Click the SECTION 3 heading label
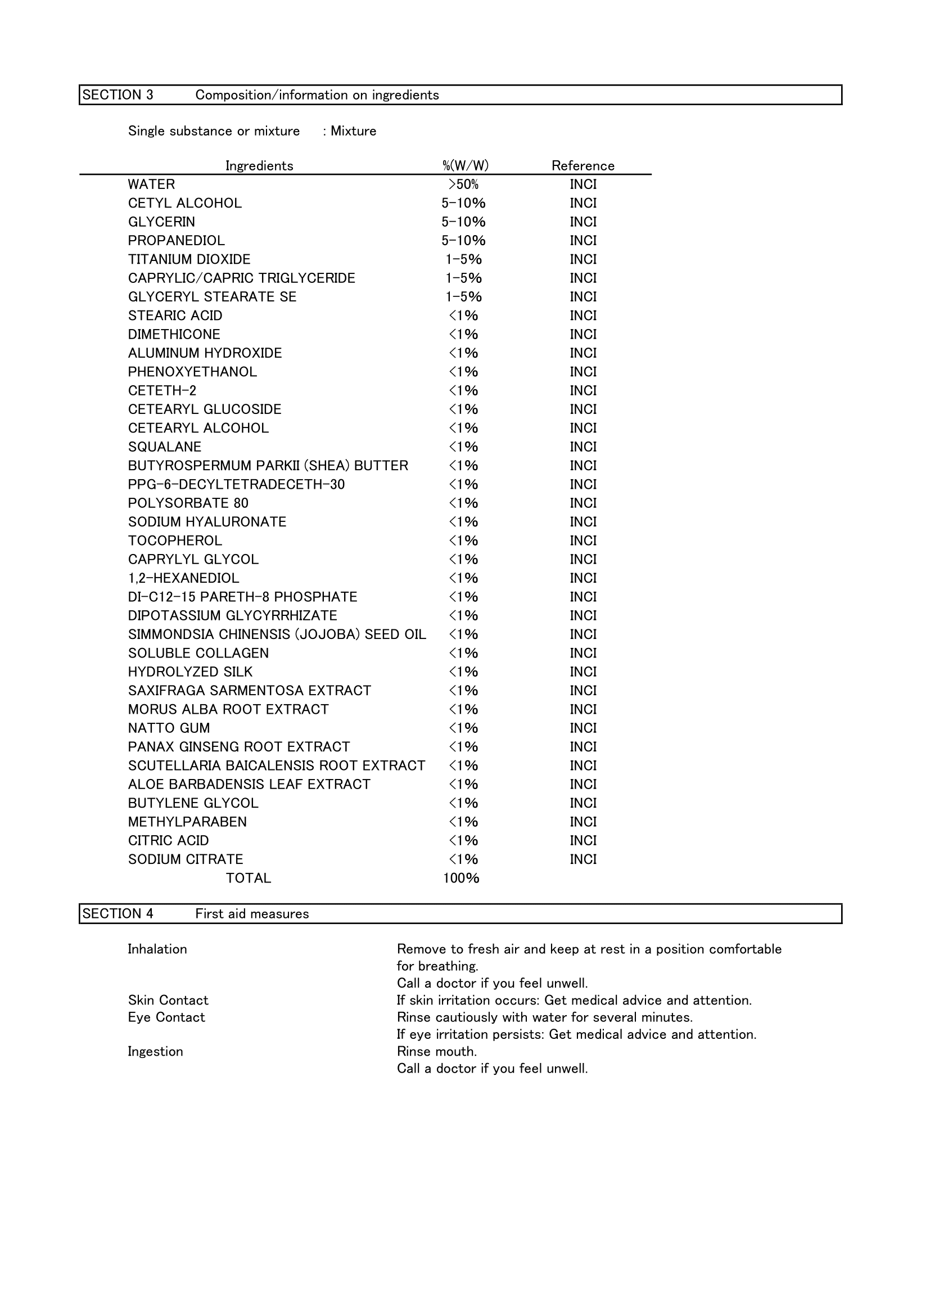pyautogui.click(x=118, y=95)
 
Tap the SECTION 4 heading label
pyautogui.click(x=118, y=913)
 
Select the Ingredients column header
pyautogui.click(x=259, y=166)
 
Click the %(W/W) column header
pyautogui.click(x=465, y=166)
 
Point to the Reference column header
pyautogui.click(x=583, y=166)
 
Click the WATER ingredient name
pyautogui.click(x=151, y=184)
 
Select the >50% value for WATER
pyautogui.click(x=463, y=184)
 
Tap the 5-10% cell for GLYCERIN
pyautogui.click(x=463, y=222)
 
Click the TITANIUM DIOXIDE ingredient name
pyautogui.click(x=189, y=259)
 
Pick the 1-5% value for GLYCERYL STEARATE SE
pyautogui.click(x=463, y=297)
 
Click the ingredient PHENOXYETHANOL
pyautogui.click(x=192, y=372)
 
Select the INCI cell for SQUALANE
pyautogui.click(x=583, y=447)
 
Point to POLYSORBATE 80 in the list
pyautogui.click(x=188, y=503)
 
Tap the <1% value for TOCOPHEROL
pyautogui.click(x=463, y=541)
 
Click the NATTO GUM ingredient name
pyautogui.click(x=169, y=728)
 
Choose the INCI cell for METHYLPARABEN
pyautogui.click(x=583, y=822)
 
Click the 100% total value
pyautogui.click(x=461, y=879)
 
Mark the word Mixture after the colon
pyautogui.click(x=353, y=131)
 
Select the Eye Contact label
pyautogui.click(x=166, y=1018)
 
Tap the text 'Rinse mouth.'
pyautogui.click(x=436, y=1052)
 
